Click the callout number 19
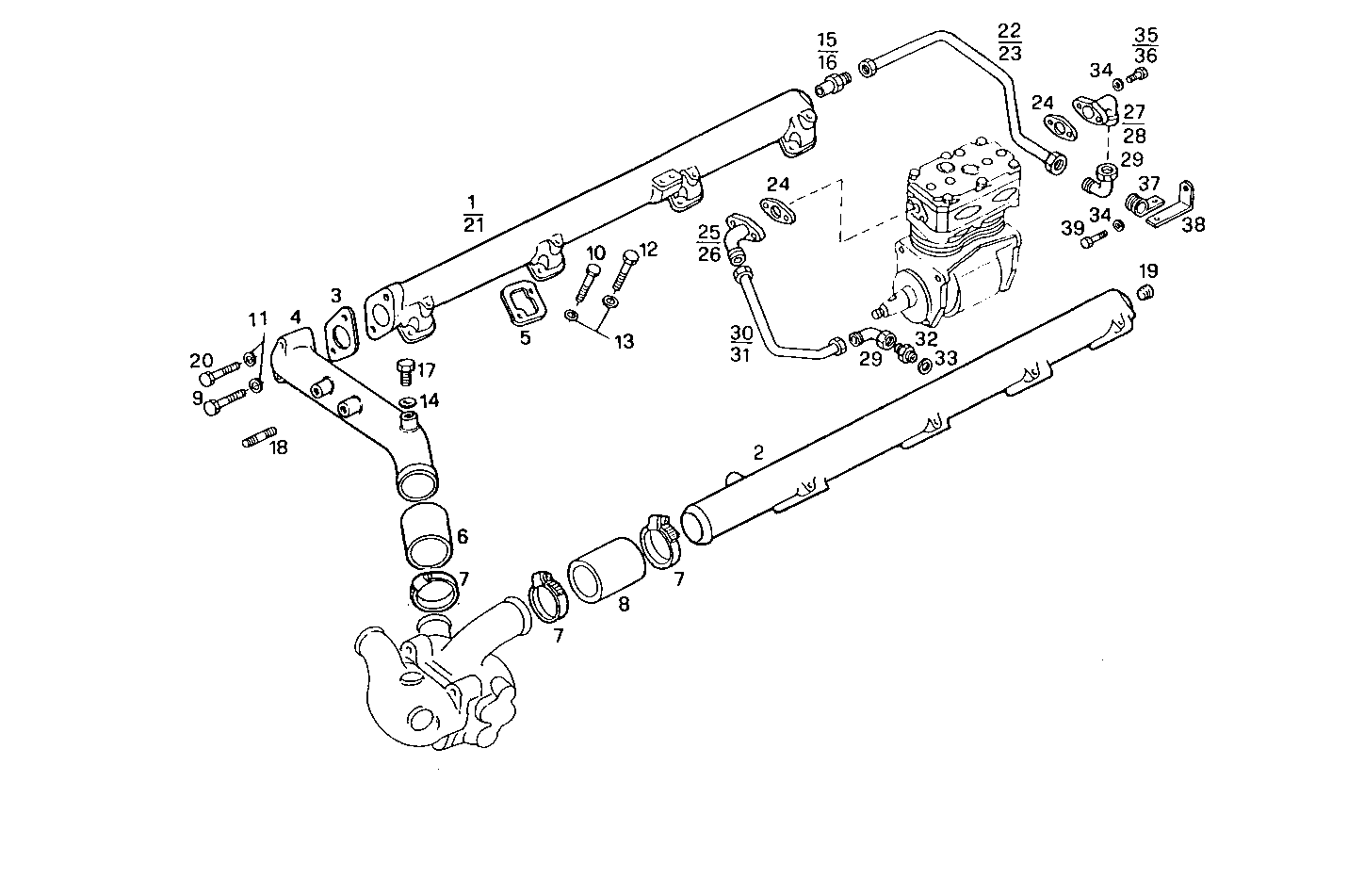1148,271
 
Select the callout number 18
278,447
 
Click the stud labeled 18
255,438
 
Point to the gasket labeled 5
522,305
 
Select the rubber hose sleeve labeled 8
605,568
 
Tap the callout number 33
946,358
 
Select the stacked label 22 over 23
1009,42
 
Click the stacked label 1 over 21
473,213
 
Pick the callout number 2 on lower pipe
757,453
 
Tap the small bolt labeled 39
1090,242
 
